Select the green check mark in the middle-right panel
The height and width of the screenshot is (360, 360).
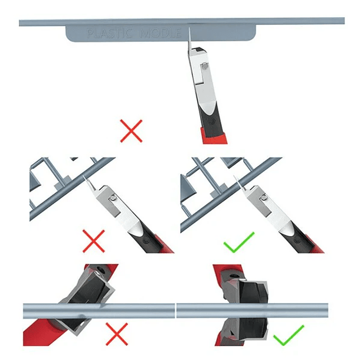click(x=239, y=241)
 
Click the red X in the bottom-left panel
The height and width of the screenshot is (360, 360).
click(x=117, y=335)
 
